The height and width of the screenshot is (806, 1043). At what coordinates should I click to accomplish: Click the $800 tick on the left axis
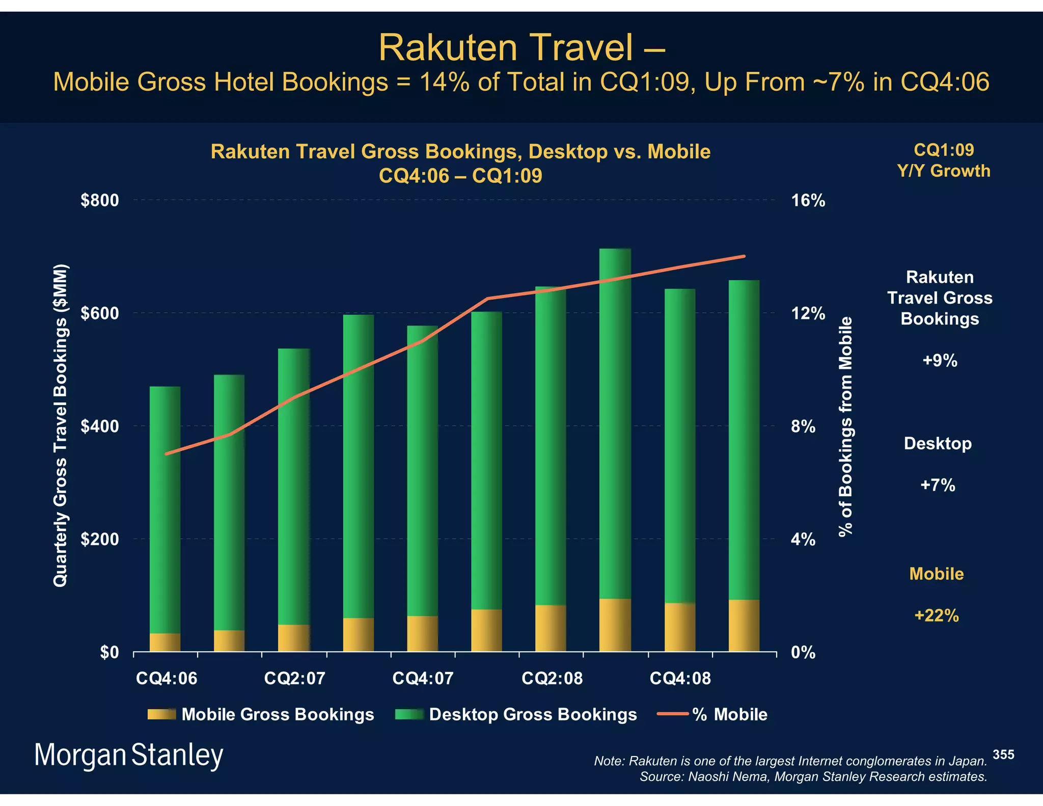pyautogui.click(x=99, y=200)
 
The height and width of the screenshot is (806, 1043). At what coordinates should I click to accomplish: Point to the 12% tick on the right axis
pyautogui.click(x=808, y=313)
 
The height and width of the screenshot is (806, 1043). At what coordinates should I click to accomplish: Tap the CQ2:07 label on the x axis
pyautogui.click(x=294, y=679)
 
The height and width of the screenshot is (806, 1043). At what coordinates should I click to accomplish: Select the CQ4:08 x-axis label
pyautogui.click(x=680, y=679)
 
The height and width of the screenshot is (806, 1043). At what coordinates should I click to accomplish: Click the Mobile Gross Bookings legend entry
pyautogui.click(x=277, y=714)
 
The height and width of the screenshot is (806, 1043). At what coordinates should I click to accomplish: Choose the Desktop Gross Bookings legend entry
pyautogui.click(x=532, y=714)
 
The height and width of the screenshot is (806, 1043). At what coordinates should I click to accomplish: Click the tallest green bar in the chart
pyautogui.click(x=615, y=423)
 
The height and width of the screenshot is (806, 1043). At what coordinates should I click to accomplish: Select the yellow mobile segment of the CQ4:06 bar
pyautogui.click(x=165, y=642)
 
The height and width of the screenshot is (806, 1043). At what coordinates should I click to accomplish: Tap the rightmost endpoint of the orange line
pyautogui.click(x=744, y=256)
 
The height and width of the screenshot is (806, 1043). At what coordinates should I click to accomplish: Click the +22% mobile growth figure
pyautogui.click(x=936, y=615)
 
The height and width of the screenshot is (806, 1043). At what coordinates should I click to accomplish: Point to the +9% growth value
pyautogui.click(x=940, y=361)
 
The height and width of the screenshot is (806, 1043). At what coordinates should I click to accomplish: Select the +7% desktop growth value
pyautogui.click(x=938, y=485)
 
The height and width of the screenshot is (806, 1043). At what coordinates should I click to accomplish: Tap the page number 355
pyautogui.click(x=1003, y=755)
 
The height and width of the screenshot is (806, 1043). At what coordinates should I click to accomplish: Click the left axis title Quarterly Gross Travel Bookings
pyautogui.click(x=60, y=425)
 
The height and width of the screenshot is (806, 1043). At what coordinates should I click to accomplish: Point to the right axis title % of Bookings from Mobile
pyautogui.click(x=845, y=426)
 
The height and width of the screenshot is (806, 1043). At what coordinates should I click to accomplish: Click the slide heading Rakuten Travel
pyautogui.click(x=521, y=48)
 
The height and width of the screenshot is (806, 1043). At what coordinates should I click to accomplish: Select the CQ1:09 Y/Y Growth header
pyautogui.click(x=944, y=160)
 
